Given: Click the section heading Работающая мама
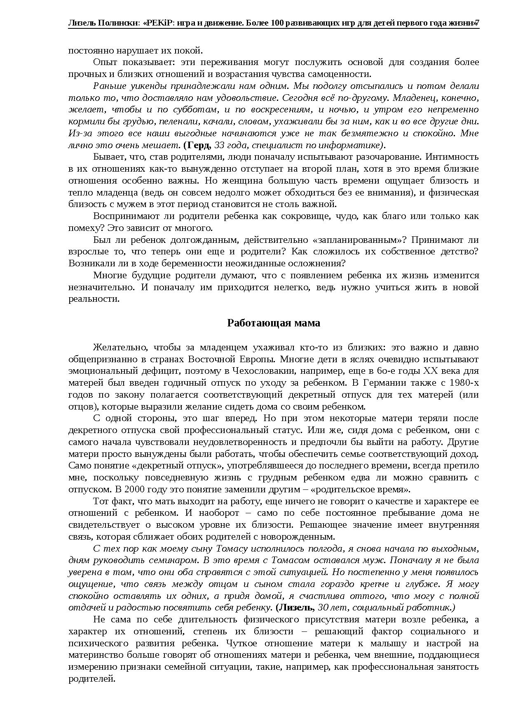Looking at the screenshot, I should tap(273, 323).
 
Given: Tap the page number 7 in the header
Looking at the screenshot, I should tap(477, 23).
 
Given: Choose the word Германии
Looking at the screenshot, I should tap(382, 383).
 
